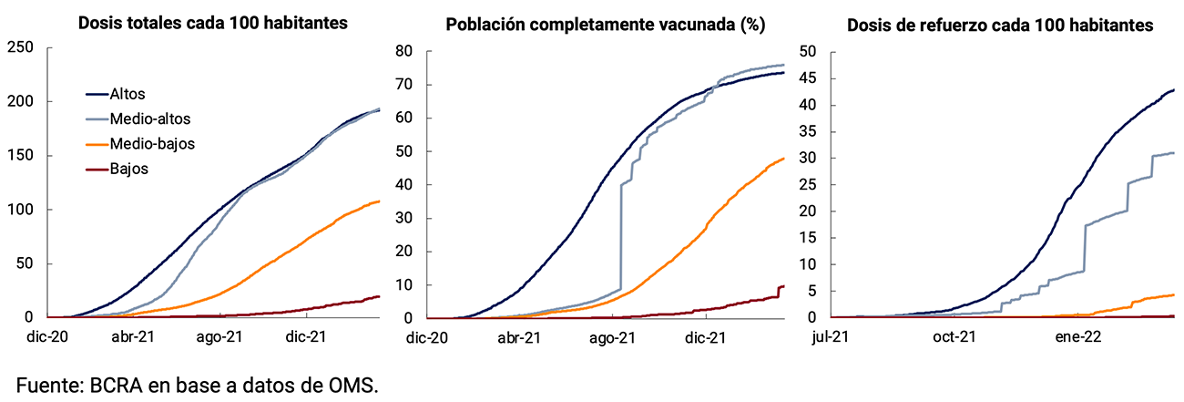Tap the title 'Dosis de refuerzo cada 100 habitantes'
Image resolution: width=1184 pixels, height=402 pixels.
(x=1000, y=25)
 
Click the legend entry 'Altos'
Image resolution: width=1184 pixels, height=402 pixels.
(x=127, y=94)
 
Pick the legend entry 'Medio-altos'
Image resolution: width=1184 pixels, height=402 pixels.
(x=149, y=119)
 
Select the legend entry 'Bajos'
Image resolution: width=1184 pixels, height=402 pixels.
(x=128, y=169)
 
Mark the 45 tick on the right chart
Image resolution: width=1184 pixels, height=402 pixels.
(x=808, y=77)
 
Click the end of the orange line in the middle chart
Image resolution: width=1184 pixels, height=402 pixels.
(x=783, y=159)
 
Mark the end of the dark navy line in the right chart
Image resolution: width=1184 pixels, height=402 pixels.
(x=1173, y=89)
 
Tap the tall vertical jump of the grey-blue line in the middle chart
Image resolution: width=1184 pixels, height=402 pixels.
(x=621, y=237)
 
